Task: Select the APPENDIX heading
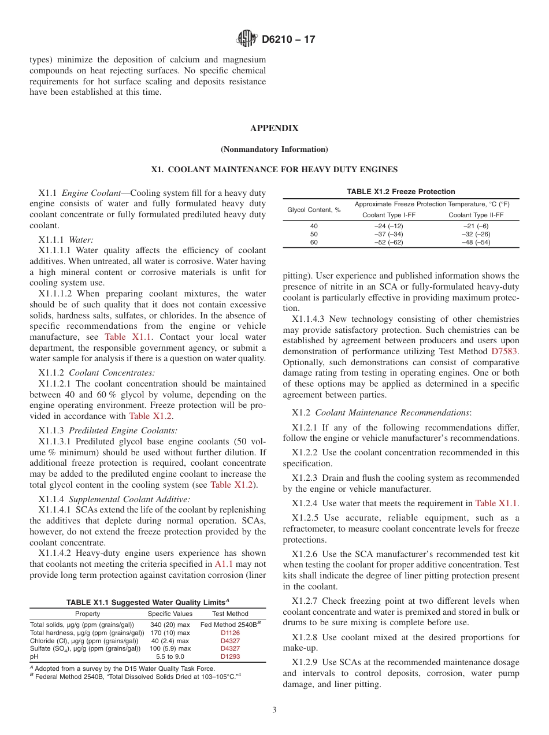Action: point(274,128)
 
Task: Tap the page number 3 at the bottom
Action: point(274,710)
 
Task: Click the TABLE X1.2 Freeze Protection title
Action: point(400,192)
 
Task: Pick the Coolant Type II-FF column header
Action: point(476,215)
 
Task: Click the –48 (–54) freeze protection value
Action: point(476,242)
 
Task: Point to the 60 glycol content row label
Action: point(314,242)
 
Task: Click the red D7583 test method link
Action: point(505,351)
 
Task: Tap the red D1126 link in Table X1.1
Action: point(230,633)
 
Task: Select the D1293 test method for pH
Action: point(230,657)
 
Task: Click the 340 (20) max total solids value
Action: point(170,625)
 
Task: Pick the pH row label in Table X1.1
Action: point(34,657)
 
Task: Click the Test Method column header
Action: point(230,614)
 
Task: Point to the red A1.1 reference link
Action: point(224,564)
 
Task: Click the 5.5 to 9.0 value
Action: point(170,657)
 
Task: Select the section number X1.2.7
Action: point(305,601)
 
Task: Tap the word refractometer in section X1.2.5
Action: point(316,529)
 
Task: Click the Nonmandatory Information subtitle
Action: point(274,150)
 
